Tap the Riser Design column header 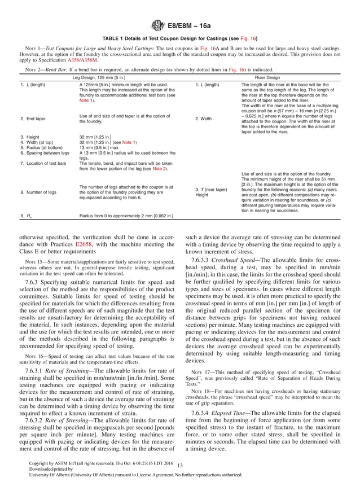272,77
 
